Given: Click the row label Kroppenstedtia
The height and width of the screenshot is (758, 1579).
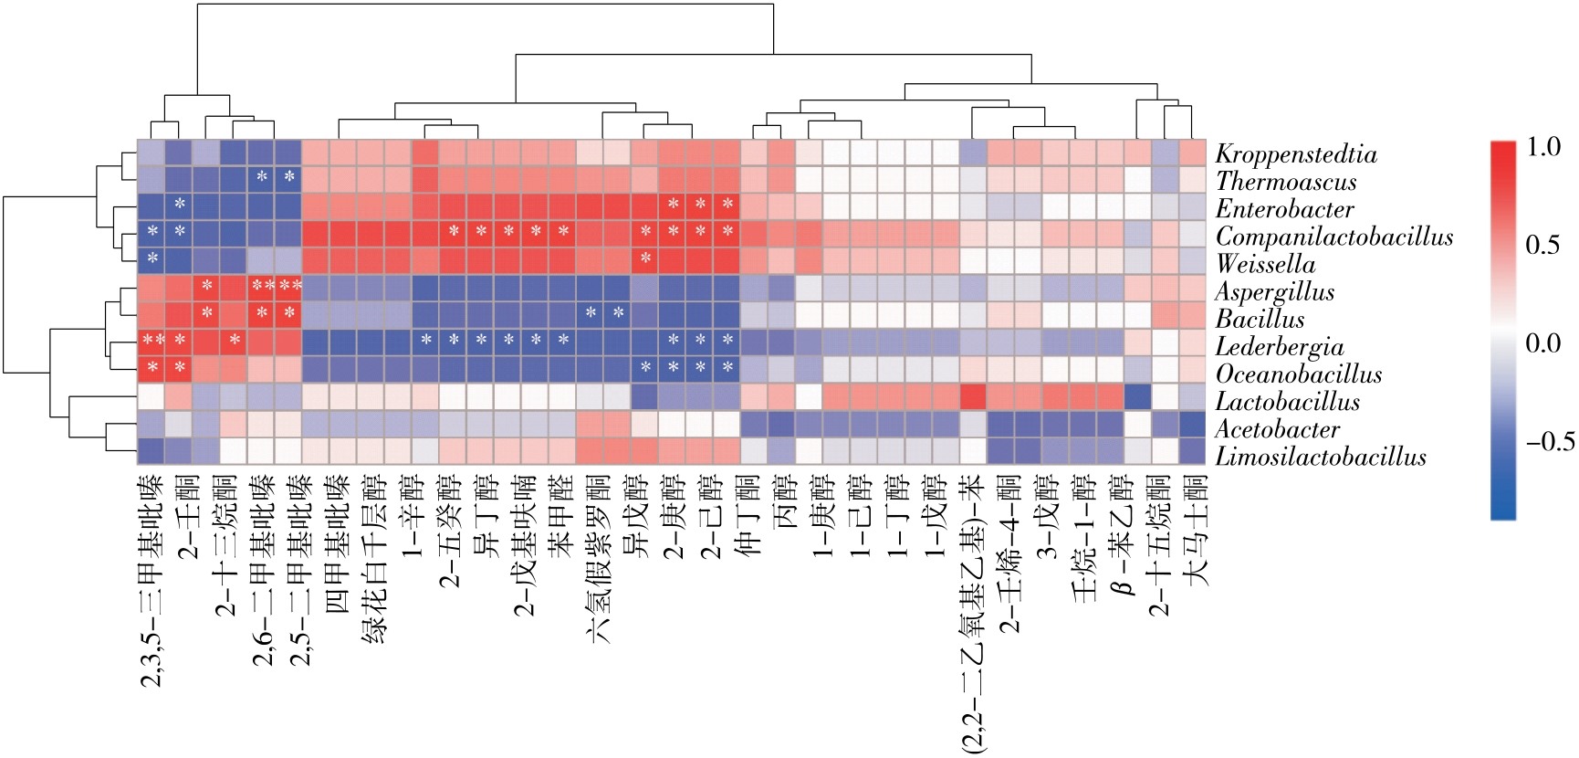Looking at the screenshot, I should click(x=1295, y=154).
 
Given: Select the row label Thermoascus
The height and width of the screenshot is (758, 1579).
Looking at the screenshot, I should click(x=1285, y=182).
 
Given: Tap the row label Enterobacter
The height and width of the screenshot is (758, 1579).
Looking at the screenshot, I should click(x=1284, y=209).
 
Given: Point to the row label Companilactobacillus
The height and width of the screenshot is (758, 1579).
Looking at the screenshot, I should click(x=1333, y=237).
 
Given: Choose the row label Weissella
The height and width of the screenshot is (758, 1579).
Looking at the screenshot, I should click(x=1265, y=264).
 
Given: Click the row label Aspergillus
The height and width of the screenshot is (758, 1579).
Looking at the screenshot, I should click(x=1274, y=292).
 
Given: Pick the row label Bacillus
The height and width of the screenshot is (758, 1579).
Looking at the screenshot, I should click(x=1260, y=320).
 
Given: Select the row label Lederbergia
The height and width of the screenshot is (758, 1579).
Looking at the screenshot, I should click(x=1279, y=347).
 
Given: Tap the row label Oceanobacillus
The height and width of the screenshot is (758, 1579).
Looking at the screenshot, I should click(x=1298, y=374).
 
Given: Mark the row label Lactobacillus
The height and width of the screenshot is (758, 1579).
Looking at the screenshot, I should click(x=1287, y=402).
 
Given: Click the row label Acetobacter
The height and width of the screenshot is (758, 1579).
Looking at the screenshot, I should click(x=1277, y=429).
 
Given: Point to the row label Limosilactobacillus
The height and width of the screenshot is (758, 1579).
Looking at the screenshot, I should click(x=1320, y=457).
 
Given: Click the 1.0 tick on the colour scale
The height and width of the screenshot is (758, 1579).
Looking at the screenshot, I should click(x=1543, y=147).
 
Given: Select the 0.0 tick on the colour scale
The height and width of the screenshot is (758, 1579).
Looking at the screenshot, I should click(x=1543, y=343).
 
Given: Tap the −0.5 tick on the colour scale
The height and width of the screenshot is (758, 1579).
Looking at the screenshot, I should click(x=1550, y=442).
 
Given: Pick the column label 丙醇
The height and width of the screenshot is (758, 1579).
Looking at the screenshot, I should click(x=782, y=502).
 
